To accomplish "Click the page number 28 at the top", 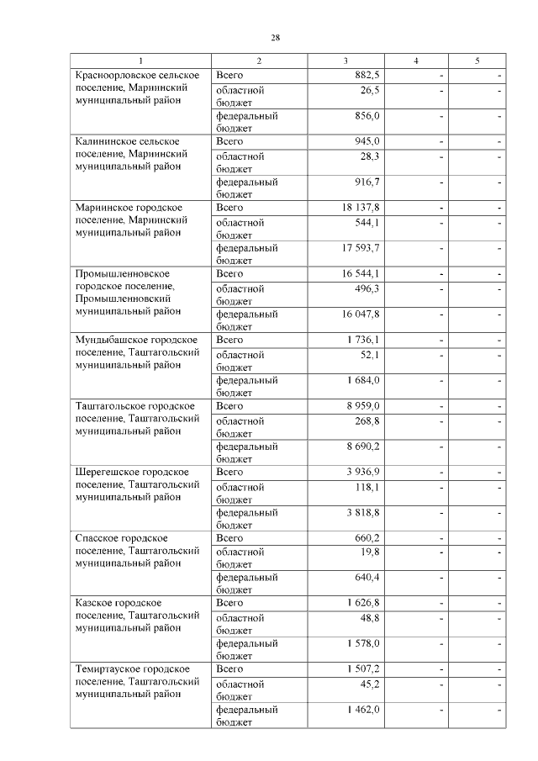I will coord(275,38).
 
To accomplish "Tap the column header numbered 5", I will coord(477,61).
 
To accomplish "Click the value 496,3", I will coord(367,288).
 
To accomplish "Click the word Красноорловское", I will coord(113,76).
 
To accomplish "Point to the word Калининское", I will coord(103,141).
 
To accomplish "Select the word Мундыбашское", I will coord(110,340).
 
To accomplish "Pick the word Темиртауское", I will coord(108,669).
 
